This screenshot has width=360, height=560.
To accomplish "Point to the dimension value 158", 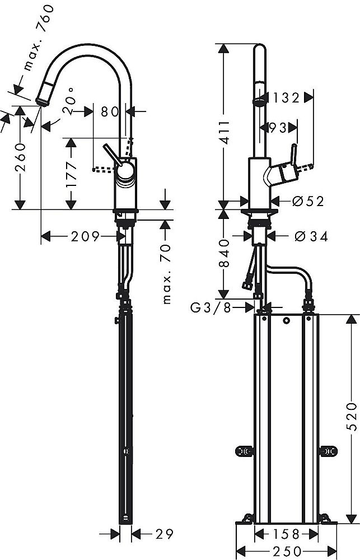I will coord(287,533).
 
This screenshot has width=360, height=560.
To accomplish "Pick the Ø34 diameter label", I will coord(311,236).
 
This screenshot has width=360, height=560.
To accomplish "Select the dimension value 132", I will coord(286,97).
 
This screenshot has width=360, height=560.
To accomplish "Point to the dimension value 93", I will coord(277,128).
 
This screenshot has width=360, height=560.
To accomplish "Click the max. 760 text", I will coord(39,39).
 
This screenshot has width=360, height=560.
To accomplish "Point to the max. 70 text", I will coord(166,274).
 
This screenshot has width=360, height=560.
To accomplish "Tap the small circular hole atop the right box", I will coord(286,321).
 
